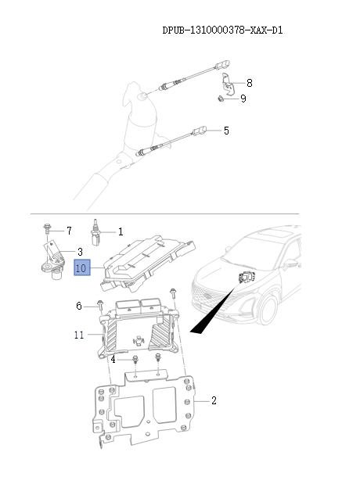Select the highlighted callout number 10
tap(81, 268)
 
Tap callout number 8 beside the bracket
tap(249, 83)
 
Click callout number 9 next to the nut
tap(243, 99)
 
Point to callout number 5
tap(226, 131)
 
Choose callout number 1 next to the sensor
tap(121, 231)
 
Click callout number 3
tap(79, 252)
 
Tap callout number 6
tap(79, 306)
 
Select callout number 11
tap(79, 335)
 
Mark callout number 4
tap(113, 359)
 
